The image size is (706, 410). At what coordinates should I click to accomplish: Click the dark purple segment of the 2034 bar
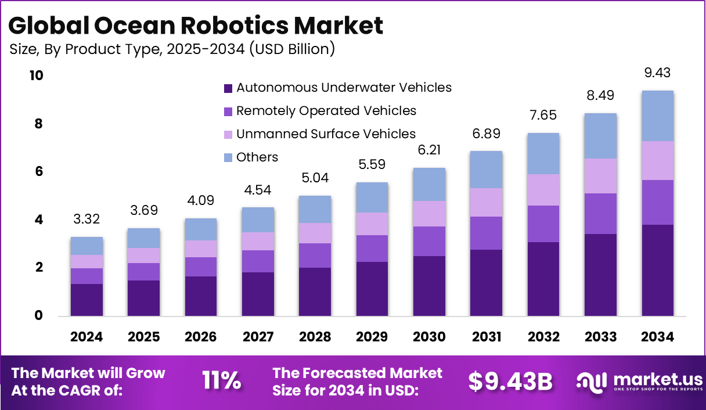(x=657, y=270)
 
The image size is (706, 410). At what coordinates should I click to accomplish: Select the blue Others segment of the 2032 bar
(x=543, y=153)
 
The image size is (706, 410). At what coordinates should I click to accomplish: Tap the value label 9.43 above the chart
(x=657, y=73)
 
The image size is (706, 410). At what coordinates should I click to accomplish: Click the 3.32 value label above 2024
(x=87, y=220)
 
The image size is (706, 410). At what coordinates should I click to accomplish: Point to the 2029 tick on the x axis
(x=372, y=337)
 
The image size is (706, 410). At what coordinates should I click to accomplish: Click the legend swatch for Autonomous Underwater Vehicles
(x=228, y=88)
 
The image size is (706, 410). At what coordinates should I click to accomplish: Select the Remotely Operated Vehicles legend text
(x=326, y=110)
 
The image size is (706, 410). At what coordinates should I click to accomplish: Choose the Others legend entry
(x=257, y=157)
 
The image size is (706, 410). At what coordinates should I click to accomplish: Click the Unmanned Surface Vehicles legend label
(x=326, y=134)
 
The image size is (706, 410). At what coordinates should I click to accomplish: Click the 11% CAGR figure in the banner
(x=221, y=380)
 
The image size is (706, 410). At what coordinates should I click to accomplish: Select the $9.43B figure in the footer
(x=510, y=380)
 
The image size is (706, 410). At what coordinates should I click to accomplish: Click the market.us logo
(x=639, y=382)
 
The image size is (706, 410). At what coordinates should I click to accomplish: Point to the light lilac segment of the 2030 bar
(x=429, y=214)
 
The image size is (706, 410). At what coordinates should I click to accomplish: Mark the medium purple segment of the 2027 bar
(x=258, y=261)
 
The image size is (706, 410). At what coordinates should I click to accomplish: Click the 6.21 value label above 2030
(x=429, y=151)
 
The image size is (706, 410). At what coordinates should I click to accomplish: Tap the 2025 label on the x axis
(x=143, y=337)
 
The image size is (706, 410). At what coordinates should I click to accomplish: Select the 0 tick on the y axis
(x=39, y=316)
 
